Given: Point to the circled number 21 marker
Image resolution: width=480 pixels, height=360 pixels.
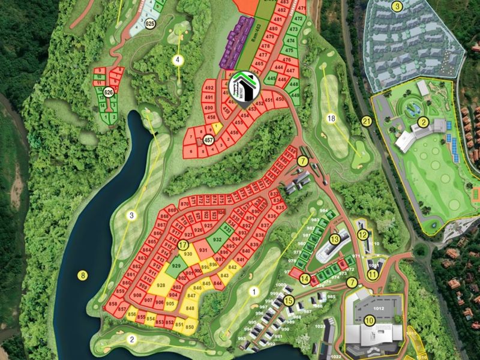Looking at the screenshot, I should pyautogui.click(x=367, y=121).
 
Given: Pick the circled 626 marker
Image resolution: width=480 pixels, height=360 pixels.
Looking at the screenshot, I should pyautogui.click(x=109, y=92).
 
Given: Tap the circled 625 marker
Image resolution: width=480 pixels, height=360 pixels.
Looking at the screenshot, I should pyautogui.click(x=150, y=23).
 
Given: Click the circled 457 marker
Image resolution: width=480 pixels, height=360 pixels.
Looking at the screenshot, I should pyautogui.click(x=209, y=140).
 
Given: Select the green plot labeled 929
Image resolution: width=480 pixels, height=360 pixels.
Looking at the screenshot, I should pyautogui.click(x=176, y=266).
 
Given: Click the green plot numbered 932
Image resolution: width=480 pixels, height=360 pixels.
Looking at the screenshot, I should pyautogui.click(x=217, y=239).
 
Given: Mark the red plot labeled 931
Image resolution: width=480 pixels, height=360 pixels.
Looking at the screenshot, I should pyautogui.click(x=203, y=250).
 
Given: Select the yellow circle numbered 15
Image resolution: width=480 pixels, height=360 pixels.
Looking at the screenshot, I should pyautogui.click(x=289, y=301).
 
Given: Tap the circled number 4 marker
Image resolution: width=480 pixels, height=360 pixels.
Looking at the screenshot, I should pyautogui.click(x=178, y=59).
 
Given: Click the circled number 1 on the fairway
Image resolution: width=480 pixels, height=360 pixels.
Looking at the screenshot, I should pyautogui.click(x=253, y=292).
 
